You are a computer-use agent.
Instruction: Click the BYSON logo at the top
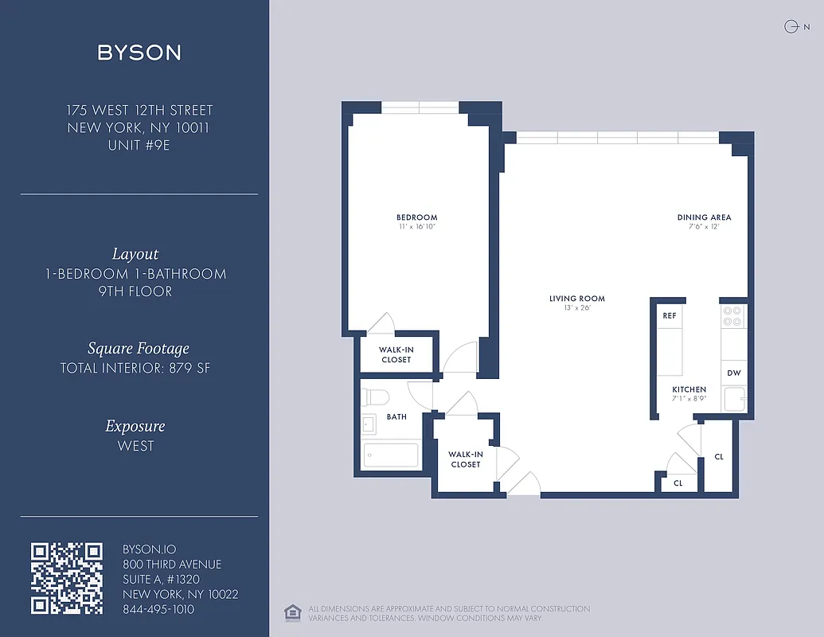tap(139, 53)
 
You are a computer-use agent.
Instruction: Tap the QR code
tap(67, 578)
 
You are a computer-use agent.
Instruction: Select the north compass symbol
tap(791, 26)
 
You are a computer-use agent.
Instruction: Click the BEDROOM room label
tap(416, 217)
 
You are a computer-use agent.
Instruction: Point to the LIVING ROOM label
tap(576, 299)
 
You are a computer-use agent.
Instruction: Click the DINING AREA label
tap(704, 217)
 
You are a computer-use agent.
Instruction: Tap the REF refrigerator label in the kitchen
tap(669, 315)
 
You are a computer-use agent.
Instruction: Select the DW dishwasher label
tap(733, 373)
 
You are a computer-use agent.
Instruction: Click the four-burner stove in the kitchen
tap(732, 316)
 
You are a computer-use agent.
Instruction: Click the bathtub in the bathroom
tap(391, 455)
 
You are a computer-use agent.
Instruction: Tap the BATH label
tap(396, 416)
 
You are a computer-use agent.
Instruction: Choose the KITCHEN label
tap(689, 389)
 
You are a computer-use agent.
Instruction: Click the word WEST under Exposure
tap(135, 446)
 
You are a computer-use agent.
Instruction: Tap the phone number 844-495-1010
tap(158, 609)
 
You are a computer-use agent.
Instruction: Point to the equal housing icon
tap(292, 612)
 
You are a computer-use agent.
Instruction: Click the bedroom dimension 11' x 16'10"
tap(416, 227)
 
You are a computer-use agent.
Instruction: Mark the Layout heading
tap(135, 254)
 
